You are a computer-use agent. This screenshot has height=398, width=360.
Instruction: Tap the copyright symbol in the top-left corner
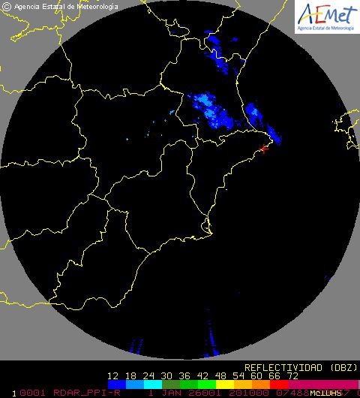pos(6,6)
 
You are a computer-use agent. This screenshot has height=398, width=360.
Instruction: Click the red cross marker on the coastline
pos(264,150)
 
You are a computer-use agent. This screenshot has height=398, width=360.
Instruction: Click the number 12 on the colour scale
pos(114,375)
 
